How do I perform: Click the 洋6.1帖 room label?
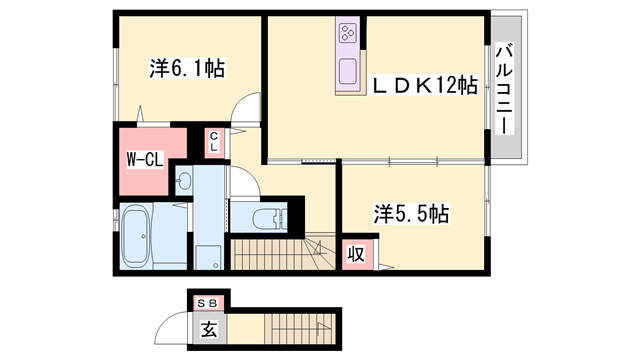(187, 69)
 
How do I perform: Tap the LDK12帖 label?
(424, 85)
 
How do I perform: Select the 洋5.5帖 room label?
(411, 213)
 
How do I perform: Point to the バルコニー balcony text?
(505, 88)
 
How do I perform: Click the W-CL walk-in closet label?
(144, 159)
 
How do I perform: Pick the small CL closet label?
(214, 141)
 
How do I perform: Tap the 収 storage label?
(356, 255)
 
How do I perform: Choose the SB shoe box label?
(208, 303)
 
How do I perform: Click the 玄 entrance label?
(209, 329)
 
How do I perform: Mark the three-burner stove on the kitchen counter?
(348, 32)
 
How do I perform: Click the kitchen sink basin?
(348, 71)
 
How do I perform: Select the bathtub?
(136, 236)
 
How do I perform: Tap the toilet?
(270, 219)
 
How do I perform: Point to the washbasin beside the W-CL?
(184, 180)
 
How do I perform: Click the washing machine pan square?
(208, 257)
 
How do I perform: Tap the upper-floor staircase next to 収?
(283, 254)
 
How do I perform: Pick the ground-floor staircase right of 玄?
(300, 329)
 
